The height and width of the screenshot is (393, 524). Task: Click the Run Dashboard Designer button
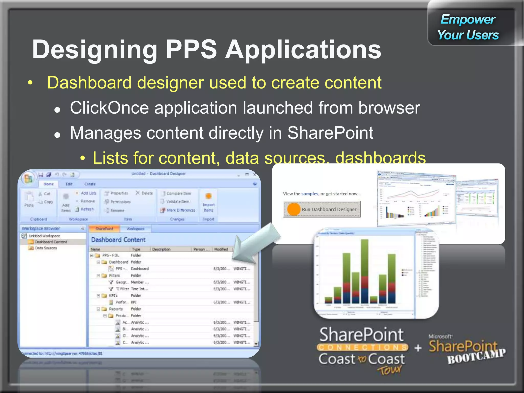pos(322,209)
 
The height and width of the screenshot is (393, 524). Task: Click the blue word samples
pos(310,194)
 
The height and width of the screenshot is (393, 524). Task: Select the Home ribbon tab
pos(48,184)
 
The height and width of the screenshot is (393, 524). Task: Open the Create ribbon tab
pos(90,184)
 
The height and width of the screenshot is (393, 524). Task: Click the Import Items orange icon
pos(209,196)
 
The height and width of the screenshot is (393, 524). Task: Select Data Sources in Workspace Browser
pos(46,248)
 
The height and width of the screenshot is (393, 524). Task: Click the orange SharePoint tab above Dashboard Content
pos(104,229)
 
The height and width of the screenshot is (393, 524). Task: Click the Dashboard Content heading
pos(118,240)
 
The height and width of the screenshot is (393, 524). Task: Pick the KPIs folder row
pos(113,296)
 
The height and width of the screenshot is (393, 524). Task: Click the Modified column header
pos(221,249)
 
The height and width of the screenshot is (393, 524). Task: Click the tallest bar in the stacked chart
pos(364,271)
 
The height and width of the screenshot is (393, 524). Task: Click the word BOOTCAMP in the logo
pos(476,356)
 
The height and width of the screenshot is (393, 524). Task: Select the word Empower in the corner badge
pos(468,20)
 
